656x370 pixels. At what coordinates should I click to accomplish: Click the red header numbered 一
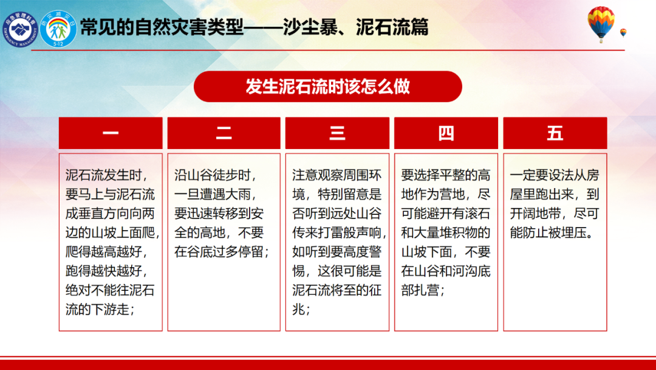pyautogui.click(x=111, y=133)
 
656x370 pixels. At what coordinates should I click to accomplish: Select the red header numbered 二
pyautogui.click(x=224, y=133)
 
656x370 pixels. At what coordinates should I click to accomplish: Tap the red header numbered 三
pyautogui.click(x=337, y=133)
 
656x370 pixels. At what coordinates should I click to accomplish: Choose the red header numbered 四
pyautogui.click(x=446, y=133)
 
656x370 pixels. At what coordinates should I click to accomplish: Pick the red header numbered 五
pyautogui.click(x=555, y=133)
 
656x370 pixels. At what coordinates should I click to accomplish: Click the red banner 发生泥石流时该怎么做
pyautogui.click(x=327, y=87)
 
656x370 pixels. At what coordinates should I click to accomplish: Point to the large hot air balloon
pyautogui.click(x=601, y=24)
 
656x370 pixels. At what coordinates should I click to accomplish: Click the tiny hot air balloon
pyautogui.click(x=623, y=33)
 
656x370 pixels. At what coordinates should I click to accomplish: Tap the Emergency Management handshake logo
pyautogui.click(x=19, y=29)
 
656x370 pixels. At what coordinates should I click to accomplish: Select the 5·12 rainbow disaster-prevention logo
pyautogui.click(x=58, y=29)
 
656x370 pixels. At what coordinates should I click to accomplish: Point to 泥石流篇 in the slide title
pyautogui.click(x=392, y=27)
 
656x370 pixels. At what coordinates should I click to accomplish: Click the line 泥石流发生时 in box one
pyautogui.click(x=106, y=175)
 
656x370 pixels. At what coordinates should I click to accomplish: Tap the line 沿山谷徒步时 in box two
pyautogui.click(x=215, y=175)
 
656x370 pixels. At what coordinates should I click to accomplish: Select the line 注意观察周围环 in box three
pyautogui.click(x=337, y=175)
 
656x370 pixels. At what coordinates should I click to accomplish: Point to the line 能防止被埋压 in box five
pyautogui.click(x=552, y=232)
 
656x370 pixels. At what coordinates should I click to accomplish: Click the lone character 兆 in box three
pyautogui.click(x=299, y=310)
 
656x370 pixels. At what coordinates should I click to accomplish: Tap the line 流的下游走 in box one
pyautogui.click(x=100, y=310)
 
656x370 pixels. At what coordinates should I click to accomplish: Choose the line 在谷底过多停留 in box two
pyautogui.click(x=222, y=252)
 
